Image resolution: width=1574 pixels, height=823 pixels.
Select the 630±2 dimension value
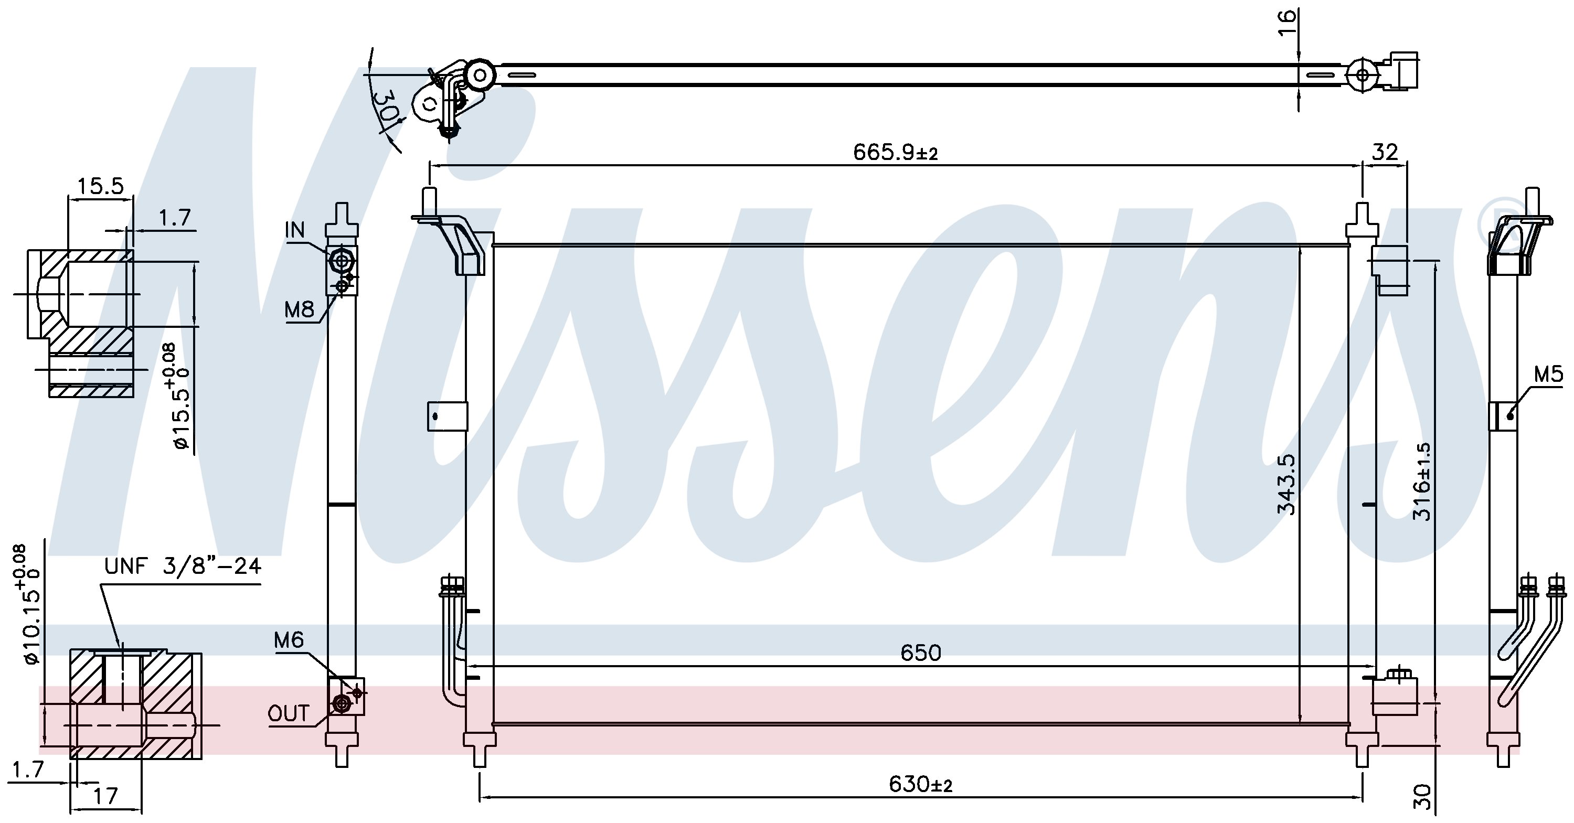(921, 784)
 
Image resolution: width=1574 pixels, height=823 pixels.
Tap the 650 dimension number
(921, 653)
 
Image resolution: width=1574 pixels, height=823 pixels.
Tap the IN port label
(294, 230)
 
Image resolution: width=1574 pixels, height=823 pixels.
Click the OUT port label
(289, 713)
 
